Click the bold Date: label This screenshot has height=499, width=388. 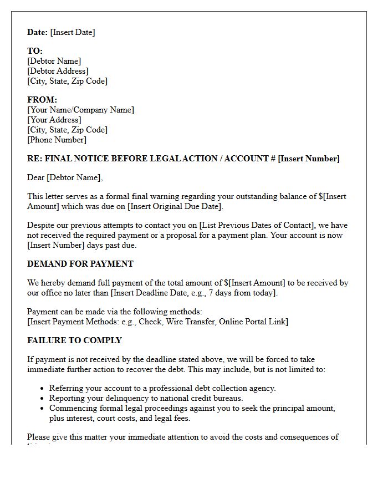(x=37, y=32)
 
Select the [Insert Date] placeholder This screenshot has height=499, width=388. (x=73, y=32)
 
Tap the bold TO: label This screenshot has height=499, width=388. (x=35, y=51)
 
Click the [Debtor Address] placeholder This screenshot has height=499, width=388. (x=58, y=71)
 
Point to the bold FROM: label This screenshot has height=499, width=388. (x=42, y=100)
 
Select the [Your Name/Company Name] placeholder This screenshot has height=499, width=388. (x=80, y=110)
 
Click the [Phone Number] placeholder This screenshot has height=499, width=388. (x=57, y=140)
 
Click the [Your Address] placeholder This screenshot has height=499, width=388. (x=54, y=120)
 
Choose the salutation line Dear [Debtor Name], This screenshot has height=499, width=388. (x=65, y=177)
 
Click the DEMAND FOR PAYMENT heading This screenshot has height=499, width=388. (x=80, y=264)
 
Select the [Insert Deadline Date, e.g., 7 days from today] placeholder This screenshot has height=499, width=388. (x=194, y=293)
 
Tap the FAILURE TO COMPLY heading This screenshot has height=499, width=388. (x=74, y=340)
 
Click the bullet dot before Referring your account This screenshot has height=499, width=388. (x=43, y=389)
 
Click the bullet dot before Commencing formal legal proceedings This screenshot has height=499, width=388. (x=43, y=409)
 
